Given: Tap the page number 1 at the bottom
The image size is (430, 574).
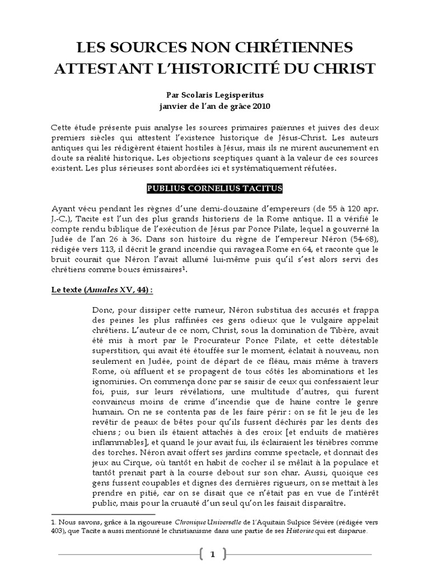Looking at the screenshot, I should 213,554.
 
